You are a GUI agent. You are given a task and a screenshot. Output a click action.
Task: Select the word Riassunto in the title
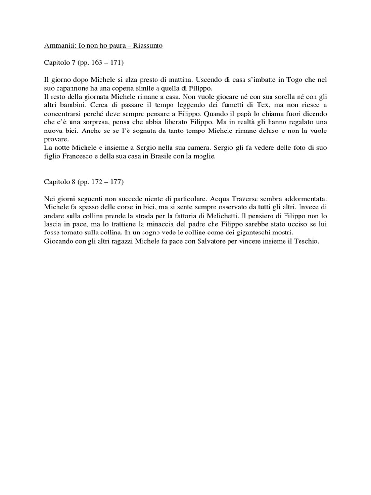coord(147,46)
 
